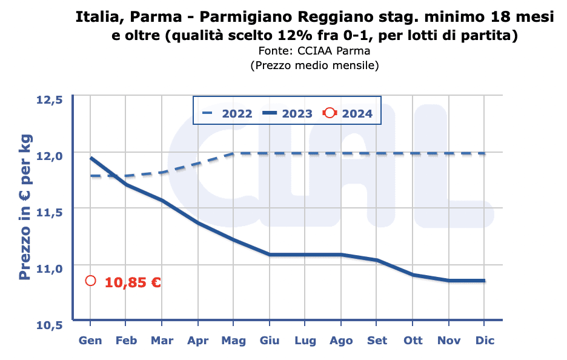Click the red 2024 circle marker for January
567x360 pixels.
90,281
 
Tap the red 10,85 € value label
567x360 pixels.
133,282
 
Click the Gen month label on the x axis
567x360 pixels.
90,340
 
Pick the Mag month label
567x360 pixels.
233,340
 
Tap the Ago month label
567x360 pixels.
341,340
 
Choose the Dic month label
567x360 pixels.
485,340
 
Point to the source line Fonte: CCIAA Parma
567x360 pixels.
314,51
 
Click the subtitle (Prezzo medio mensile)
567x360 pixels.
314,65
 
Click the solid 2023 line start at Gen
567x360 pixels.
91,158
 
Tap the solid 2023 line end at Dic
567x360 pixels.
485,281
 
